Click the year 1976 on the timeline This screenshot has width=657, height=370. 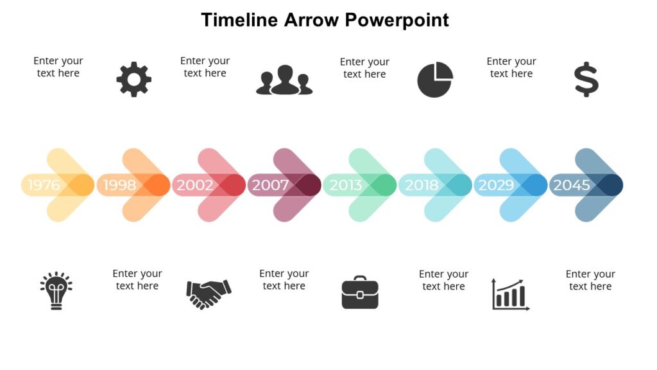coord(44,186)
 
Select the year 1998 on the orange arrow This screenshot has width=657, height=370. coord(119,186)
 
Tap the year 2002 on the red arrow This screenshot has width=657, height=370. coord(194,186)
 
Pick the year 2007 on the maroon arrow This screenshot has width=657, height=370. coord(270,186)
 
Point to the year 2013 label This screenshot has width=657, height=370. coord(345,186)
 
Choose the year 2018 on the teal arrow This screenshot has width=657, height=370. coord(421,186)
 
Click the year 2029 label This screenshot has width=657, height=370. coord(496,186)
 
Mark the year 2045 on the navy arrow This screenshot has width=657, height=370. coord(572,186)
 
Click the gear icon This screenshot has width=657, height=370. coord(133,80)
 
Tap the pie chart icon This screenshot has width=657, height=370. coord(435,80)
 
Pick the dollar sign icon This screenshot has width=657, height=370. coord(586,80)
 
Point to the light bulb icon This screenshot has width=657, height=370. coord(56,290)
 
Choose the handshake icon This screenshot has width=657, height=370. coord(209,294)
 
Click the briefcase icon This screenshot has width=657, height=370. coord(360,293)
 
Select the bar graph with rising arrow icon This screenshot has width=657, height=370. coord(511,294)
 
